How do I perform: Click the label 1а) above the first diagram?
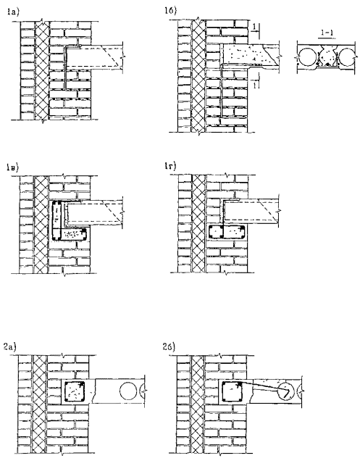tap(13, 12)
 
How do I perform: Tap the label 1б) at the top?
tap(170, 11)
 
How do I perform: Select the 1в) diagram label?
tap(12, 167)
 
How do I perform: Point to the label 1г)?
tap(170, 166)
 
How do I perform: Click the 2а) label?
tap(10, 347)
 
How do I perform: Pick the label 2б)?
tap(169, 347)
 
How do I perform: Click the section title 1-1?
tap(327, 33)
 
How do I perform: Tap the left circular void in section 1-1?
tap(308, 57)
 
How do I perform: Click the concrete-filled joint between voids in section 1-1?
tap(327, 58)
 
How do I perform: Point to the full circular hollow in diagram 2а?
tap(128, 391)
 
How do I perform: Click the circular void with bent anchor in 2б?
tap(286, 391)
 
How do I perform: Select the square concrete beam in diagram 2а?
tap(75, 391)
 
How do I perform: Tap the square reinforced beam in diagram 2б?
tap(233, 391)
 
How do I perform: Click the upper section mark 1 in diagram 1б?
tap(254, 28)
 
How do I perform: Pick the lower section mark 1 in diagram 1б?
tap(254, 85)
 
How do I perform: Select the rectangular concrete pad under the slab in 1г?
tap(227, 232)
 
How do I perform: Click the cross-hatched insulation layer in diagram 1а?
tap(42, 71)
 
